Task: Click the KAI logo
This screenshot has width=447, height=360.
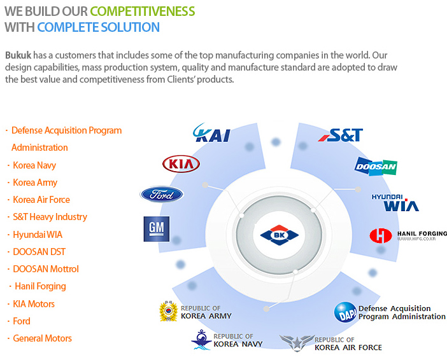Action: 211,133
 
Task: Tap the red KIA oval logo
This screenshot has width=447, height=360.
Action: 181,164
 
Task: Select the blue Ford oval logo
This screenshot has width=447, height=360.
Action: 162,195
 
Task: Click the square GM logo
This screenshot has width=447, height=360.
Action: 157,229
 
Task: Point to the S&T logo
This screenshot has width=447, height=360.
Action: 341,135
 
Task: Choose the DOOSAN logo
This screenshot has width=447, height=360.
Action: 376,167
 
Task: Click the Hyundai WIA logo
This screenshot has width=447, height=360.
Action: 395,203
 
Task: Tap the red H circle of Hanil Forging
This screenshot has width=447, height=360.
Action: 381,235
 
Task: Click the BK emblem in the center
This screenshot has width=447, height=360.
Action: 280,235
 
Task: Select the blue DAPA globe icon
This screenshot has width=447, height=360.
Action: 346,312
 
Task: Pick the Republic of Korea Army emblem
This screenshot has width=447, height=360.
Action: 169,311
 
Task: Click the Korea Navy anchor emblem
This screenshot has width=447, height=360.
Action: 202,340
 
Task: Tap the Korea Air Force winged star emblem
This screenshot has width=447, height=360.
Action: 297,343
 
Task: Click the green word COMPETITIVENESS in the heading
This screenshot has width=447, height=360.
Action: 143,11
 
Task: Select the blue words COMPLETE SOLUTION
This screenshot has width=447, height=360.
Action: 98,27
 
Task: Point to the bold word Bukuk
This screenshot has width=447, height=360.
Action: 18,55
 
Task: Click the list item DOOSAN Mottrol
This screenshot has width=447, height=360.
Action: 46,269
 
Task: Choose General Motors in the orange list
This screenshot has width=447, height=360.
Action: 42,338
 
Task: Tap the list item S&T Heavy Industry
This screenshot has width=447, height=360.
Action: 50,217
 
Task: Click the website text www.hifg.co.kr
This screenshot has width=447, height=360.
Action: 416,239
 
